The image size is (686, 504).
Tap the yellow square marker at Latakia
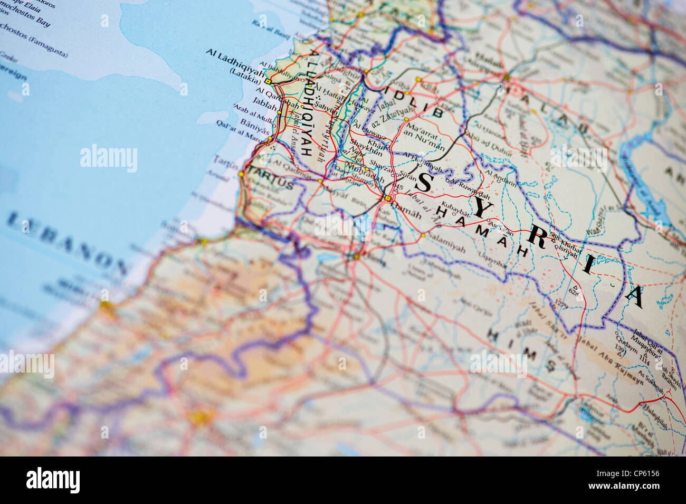coord(268,82)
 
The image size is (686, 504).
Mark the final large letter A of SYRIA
coord(634,297)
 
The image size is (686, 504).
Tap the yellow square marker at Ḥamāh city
coord(388,198)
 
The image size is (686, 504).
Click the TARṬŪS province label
coord(270,179)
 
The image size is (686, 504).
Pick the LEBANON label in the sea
coord(68,244)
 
